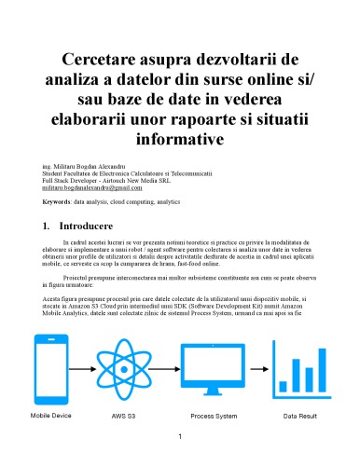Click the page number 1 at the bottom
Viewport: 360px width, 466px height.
click(x=180, y=435)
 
